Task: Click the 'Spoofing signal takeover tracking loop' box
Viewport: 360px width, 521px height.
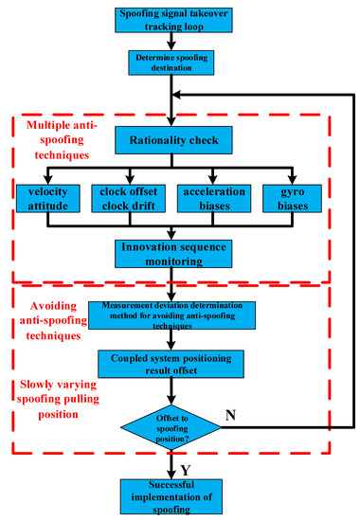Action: (x=171, y=20)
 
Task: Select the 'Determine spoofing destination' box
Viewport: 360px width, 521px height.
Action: (x=171, y=61)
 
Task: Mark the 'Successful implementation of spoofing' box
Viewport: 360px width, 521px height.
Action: (x=171, y=493)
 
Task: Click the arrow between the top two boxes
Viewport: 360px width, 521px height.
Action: (x=171, y=41)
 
